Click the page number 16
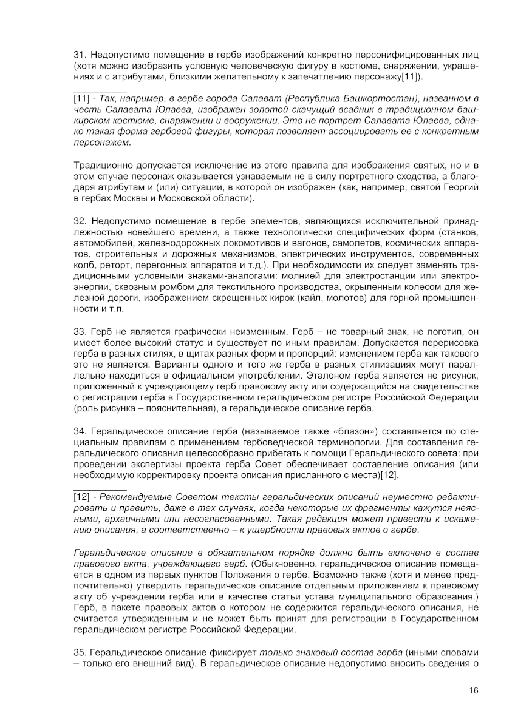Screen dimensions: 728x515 point(474,690)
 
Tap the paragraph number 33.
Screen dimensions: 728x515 point(80,333)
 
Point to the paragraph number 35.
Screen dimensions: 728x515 point(80,652)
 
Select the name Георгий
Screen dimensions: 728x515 point(458,187)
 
